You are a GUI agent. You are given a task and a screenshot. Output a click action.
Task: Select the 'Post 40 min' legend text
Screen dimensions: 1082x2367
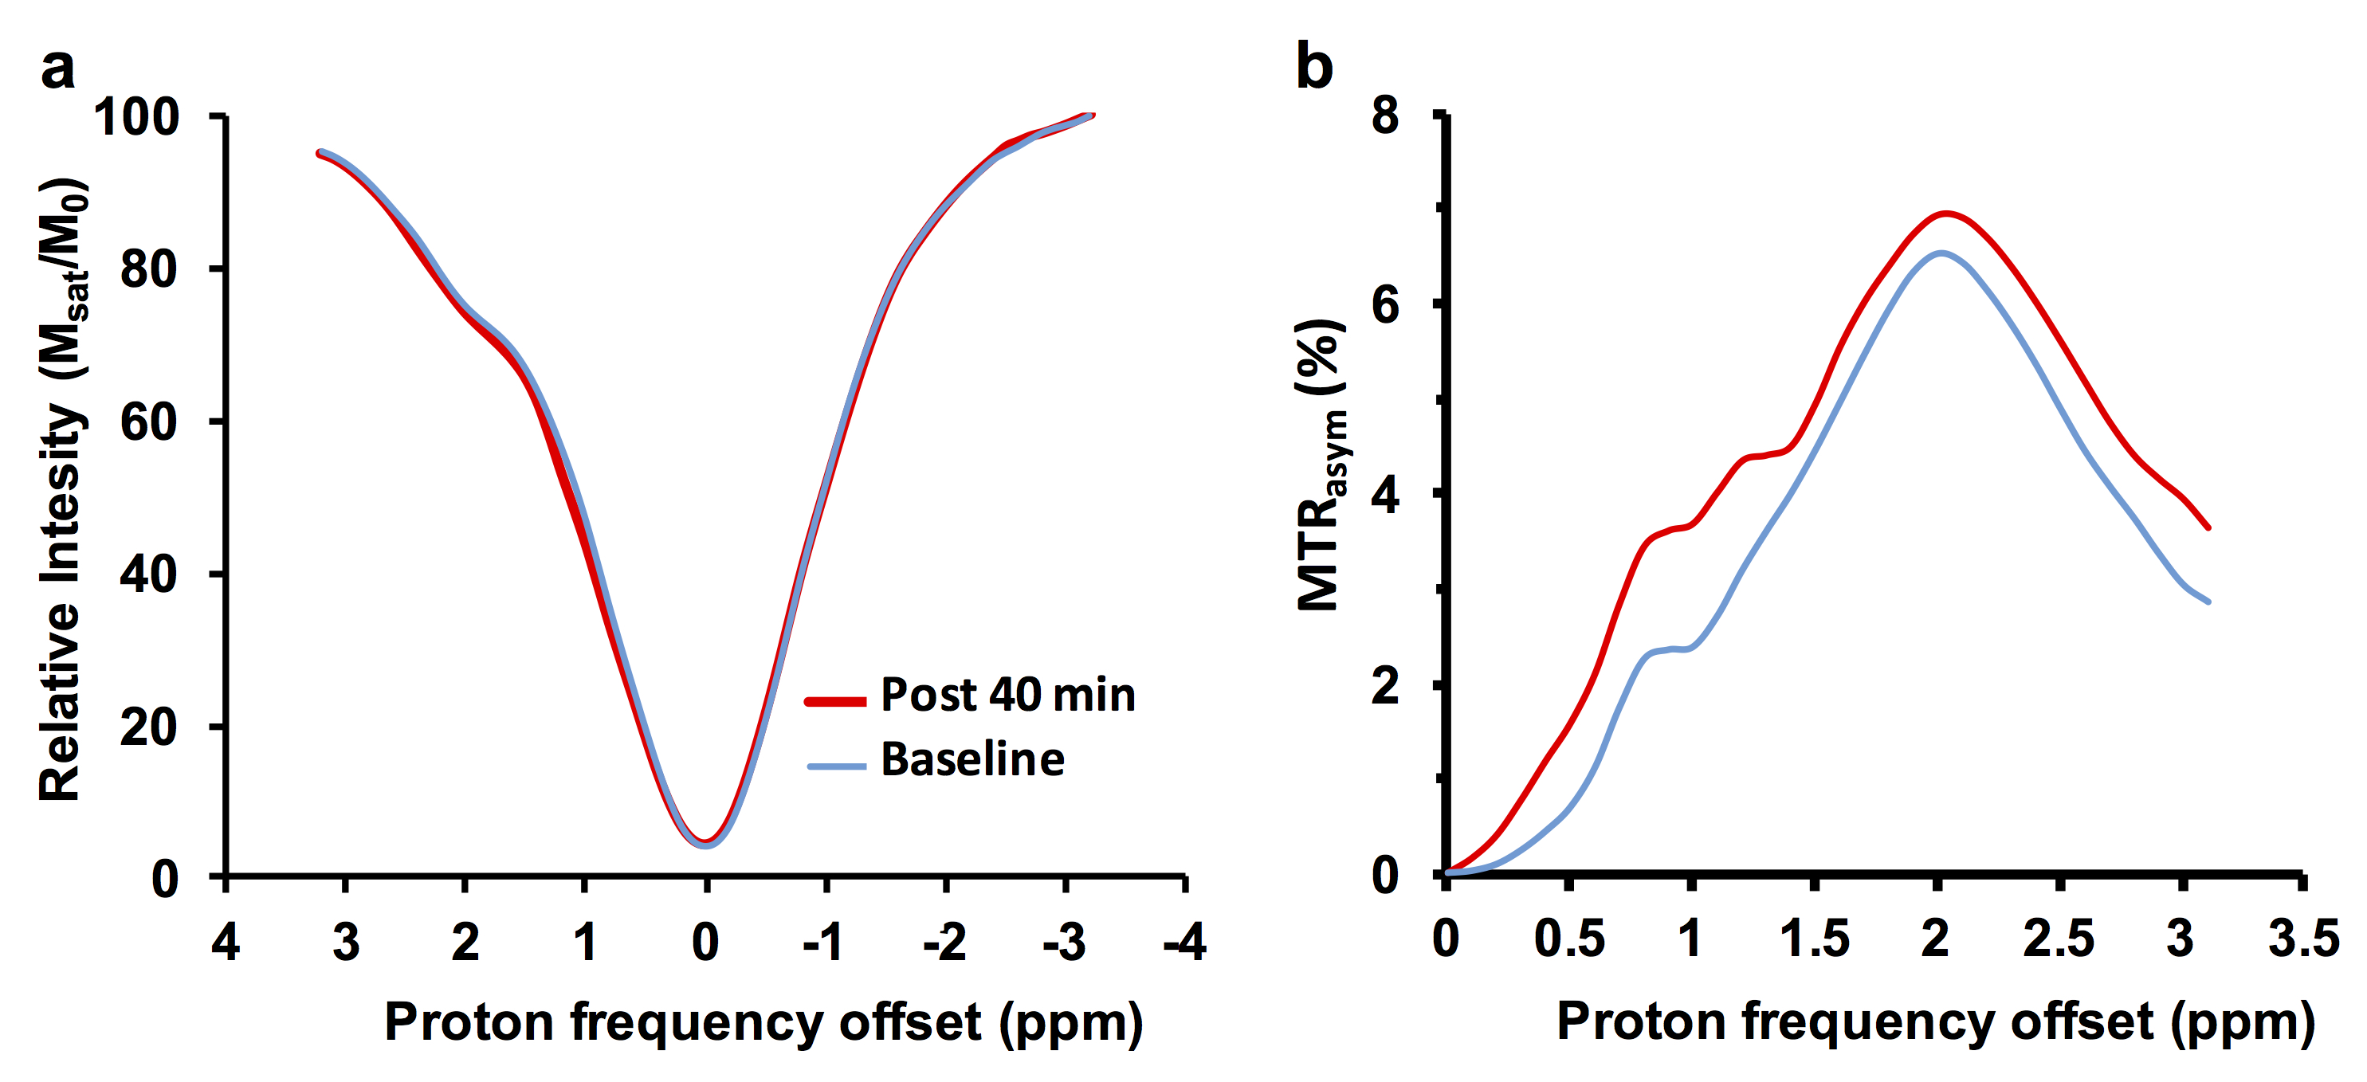pos(1008,695)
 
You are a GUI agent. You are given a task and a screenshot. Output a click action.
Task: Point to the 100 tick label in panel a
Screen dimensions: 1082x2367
pos(137,118)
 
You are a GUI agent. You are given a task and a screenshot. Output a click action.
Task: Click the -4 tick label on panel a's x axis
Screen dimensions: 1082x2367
pos(1184,943)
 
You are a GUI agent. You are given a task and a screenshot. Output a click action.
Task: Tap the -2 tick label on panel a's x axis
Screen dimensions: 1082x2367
pos(944,943)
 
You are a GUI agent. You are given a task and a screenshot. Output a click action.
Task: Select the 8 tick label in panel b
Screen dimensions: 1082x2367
pos(1384,116)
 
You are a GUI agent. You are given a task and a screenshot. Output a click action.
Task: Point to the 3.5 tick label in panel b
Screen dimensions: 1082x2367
pos(2302,939)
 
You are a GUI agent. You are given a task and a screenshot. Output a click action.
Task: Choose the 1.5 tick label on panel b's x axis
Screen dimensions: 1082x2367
pos(1814,939)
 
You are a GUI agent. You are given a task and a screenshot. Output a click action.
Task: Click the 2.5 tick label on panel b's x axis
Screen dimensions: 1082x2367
pos(2059,939)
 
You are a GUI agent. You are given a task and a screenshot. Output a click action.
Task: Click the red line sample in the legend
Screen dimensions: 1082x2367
pos(835,702)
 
